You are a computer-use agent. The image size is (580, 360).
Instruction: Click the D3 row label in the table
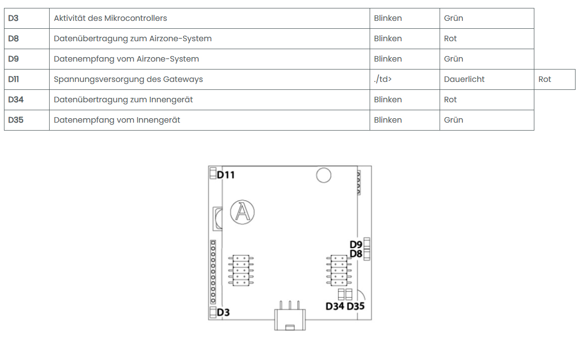tap(13, 18)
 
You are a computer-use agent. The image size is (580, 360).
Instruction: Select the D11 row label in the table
tap(14, 79)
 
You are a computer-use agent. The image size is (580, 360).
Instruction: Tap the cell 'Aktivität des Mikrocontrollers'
tap(110, 18)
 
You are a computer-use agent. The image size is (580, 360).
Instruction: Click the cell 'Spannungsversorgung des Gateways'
tap(128, 79)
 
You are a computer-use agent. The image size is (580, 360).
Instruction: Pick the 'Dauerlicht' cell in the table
tap(464, 79)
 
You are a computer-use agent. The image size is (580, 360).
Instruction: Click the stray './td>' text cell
tap(383, 79)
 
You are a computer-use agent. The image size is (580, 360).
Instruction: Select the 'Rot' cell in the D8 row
tap(450, 39)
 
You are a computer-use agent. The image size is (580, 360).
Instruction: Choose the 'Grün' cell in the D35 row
tap(453, 120)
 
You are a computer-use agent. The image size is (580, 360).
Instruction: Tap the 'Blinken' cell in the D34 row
tap(387, 100)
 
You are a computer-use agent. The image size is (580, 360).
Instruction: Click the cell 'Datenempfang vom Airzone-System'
tap(126, 59)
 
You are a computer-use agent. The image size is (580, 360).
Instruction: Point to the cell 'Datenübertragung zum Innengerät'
tap(123, 100)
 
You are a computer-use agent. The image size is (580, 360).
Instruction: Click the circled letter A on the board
tap(242, 212)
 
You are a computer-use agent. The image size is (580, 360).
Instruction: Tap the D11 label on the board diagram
tap(226, 175)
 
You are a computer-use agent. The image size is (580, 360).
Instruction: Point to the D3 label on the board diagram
tap(223, 313)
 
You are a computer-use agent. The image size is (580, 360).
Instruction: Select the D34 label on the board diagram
tap(335, 306)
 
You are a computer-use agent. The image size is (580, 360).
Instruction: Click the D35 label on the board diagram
tap(355, 306)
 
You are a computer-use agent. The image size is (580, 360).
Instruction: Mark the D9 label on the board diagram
tap(356, 245)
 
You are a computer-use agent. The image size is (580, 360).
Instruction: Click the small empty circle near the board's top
tap(324, 175)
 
